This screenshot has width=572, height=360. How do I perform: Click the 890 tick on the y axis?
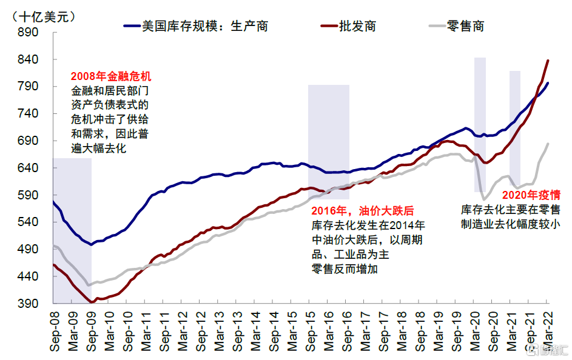click(x=29, y=33)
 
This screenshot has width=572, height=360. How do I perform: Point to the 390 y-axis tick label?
click(x=29, y=303)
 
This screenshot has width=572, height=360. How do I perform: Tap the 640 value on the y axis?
click(x=29, y=168)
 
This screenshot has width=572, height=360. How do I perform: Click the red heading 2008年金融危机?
click(x=111, y=77)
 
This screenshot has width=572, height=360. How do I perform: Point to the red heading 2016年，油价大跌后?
click(x=362, y=211)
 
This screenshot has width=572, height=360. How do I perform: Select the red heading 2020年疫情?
click(x=531, y=195)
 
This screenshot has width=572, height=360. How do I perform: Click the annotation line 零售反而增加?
click(x=344, y=269)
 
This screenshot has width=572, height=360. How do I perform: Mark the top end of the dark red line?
click(x=548, y=61)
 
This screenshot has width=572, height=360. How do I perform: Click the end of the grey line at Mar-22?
click(x=548, y=144)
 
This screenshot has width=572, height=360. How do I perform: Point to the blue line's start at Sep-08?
click(x=54, y=202)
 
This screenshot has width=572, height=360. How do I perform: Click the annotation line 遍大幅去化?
click(x=98, y=148)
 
